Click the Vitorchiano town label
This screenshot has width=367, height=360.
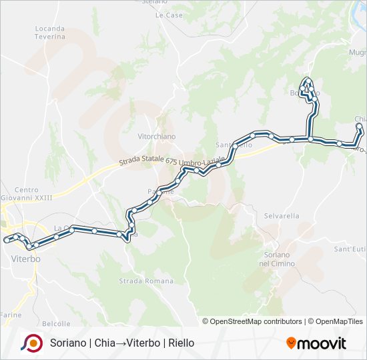coord(156,136)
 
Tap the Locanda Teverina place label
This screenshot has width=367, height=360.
coord(50,33)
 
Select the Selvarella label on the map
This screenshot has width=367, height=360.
coord(282,216)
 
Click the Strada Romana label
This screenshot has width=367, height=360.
coord(136,281)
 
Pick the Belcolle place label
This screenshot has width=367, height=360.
coord(56,324)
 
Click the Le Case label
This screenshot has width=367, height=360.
coord(169,15)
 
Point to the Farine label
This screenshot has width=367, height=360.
coord(11,314)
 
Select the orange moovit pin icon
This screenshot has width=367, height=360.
coord(291,343)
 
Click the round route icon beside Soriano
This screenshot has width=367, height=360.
coord(31,343)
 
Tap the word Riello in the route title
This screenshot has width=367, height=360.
coord(181,343)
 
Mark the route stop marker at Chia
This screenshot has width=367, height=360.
coord(359,126)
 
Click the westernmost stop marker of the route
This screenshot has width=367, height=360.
coord(6,239)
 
